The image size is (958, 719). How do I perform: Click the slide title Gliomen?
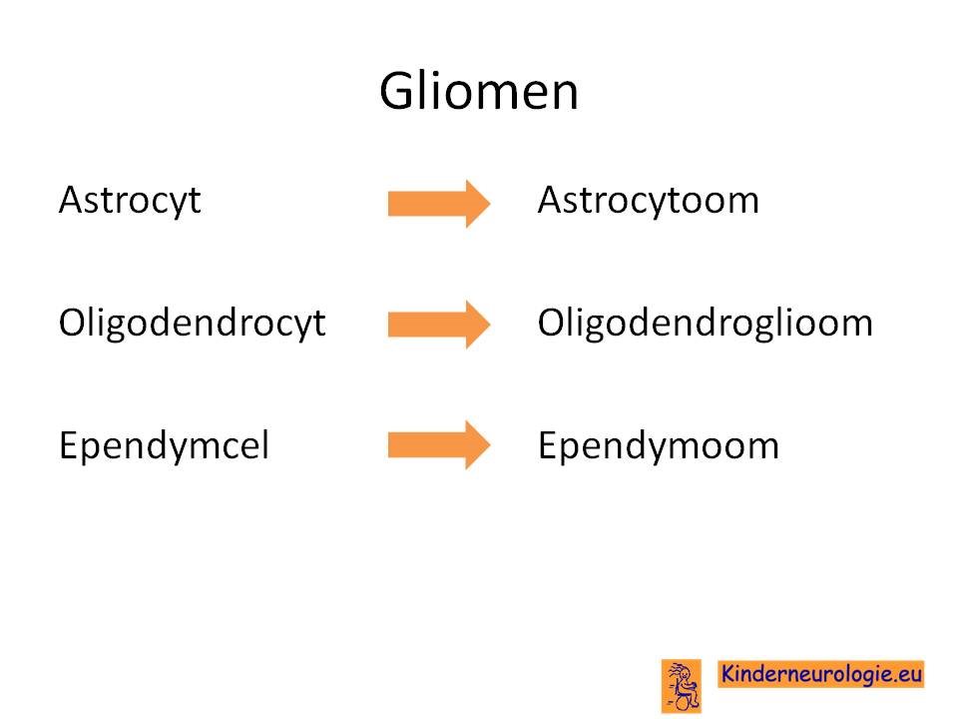pyautogui.click(x=478, y=91)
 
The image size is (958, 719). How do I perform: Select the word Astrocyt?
pyautogui.click(x=130, y=201)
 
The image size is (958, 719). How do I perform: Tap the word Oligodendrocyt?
pyautogui.click(x=192, y=324)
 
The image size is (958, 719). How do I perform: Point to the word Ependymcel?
pyautogui.click(x=164, y=445)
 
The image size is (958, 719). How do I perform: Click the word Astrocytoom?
pyautogui.click(x=649, y=201)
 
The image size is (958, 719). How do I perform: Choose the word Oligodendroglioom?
pyautogui.click(x=706, y=324)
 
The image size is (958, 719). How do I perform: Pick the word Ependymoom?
pyautogui.click(x=658, y=445)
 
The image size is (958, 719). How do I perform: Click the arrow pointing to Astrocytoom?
pyautogui.click(x=439, y=204)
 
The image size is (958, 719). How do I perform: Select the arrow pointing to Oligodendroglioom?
pyautogui.click(x=439, y=324)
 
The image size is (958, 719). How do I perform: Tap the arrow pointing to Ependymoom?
pyautogui.click(x=439, y=444)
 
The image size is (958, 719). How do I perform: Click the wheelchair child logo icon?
pyautogui.click(x=682, y=686)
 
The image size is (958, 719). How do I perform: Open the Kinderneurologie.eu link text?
pyautogui.click(x=821, y=674)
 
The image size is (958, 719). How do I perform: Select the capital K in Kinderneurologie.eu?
pyautogui.click(x=728, y=673)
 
